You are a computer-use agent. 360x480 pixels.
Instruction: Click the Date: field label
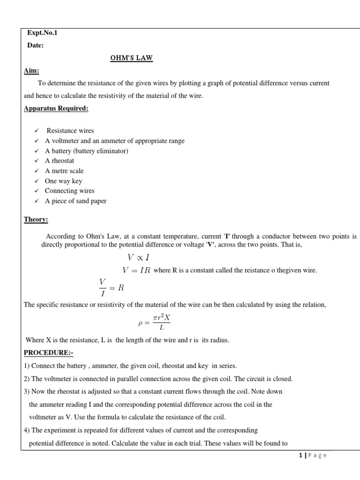37,45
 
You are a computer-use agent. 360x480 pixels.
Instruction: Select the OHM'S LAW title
131,58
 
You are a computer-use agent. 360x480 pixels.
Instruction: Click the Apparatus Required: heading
56,109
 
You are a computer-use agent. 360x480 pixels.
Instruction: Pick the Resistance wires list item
70,131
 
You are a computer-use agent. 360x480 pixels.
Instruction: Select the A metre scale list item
64,171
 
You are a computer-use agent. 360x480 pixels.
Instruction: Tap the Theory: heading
36,219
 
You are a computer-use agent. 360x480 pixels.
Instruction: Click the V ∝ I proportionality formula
139,257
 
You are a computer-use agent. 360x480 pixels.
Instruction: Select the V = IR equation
136,270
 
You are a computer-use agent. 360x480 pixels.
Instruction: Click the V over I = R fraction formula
111,286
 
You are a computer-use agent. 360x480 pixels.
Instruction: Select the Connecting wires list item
69,191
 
